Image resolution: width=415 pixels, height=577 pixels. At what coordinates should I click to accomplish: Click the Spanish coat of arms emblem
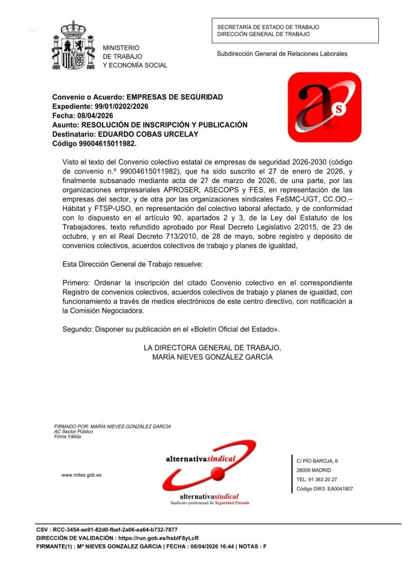click(x=73, y=46)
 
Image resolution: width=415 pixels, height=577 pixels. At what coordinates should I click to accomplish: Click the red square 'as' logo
click(x=324, y=106)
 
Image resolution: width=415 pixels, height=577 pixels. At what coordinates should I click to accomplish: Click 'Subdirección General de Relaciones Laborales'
click(x=282, y=54)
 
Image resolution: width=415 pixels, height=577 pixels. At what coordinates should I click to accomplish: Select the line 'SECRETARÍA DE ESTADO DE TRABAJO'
click(x=268, y=26)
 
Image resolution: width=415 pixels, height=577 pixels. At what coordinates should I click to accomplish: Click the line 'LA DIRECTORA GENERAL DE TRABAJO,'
click(x=212, y=348)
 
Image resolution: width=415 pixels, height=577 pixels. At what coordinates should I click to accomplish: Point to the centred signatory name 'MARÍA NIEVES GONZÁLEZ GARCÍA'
click(x=212, y=357)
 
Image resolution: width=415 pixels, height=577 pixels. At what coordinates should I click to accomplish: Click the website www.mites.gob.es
click(x=81, y=475)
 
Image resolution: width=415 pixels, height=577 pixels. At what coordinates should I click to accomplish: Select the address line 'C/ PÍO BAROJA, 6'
click(x=317, y=461)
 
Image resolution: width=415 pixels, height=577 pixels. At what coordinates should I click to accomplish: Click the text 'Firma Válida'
click(x=68, y=437)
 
